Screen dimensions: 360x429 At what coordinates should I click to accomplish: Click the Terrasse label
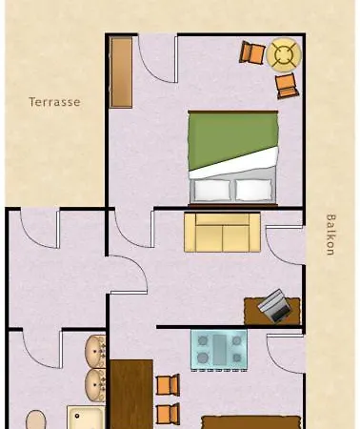tap(54, 102)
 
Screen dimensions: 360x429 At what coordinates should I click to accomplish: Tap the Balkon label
tap(330, 235)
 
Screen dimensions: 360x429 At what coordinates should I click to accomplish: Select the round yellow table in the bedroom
tap(284, 55)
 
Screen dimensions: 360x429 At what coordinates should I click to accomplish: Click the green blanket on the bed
tap(233, 141)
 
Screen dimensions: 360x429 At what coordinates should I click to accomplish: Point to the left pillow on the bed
tap(211, 190)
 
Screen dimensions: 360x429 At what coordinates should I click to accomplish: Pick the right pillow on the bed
tap(254, 190)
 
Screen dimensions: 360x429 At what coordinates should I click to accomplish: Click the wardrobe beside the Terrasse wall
tap(121, 72)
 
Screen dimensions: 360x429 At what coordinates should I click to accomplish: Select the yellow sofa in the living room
tap(222, 233)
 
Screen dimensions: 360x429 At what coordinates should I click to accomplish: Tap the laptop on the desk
tap(275, 305)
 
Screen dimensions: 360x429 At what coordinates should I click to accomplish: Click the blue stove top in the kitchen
tap(219, 351)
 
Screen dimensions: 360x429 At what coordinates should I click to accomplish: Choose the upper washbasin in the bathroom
tap(95, 351)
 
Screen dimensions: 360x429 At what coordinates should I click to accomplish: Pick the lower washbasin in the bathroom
tap(95, 385)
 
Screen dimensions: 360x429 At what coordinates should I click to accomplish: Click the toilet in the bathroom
tap(36, 419)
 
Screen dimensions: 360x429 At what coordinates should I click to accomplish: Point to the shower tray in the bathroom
tap(86, 418)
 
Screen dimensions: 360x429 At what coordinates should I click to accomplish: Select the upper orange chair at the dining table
tap(168, 385)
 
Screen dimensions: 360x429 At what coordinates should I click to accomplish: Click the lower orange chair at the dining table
tap(168, 414)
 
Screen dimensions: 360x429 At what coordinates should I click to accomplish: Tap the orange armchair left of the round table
tap(252, 52)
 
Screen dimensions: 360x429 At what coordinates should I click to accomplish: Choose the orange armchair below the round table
tap(287, 86)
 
